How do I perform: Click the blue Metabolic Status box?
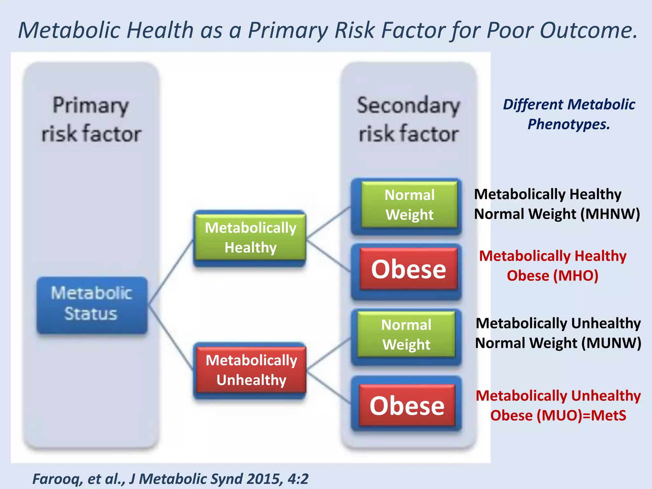coord(92,304)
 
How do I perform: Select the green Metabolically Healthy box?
coord(250,237)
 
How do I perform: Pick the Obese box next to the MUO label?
coord(407,406)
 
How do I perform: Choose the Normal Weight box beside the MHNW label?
coord(409,205)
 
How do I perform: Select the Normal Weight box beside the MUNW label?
coord(406,335)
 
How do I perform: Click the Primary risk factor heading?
coord(91,119)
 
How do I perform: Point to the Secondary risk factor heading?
coord(408,119)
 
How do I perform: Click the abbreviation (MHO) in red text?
coord(576,276)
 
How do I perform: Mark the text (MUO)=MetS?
coord(581,415)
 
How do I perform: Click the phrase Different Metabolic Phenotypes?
coord(569,114)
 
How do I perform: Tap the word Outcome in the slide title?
coord(588,30)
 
